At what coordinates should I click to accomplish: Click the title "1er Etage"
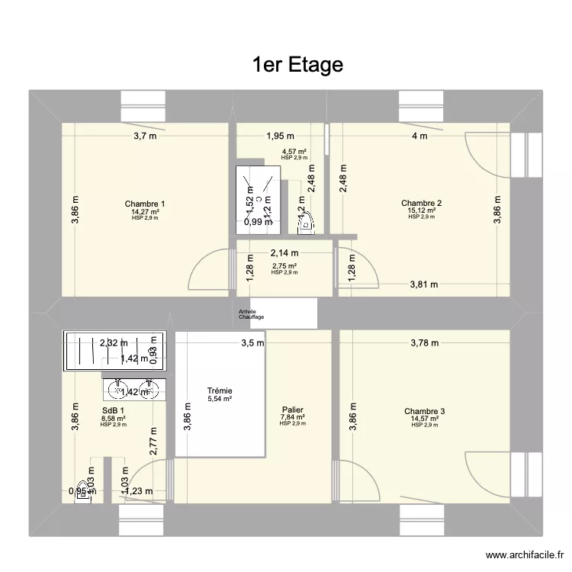point(297,66)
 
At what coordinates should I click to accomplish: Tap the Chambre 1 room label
point(145,204)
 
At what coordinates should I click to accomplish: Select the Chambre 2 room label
point(422,203)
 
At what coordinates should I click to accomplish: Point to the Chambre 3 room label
point(425,411)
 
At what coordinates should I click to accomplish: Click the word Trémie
point(220,390)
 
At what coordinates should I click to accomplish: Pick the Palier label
point(292,410)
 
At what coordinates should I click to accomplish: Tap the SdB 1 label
point(113,410)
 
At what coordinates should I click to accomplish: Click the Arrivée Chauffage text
point(252,314)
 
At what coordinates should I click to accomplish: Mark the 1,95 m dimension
point(280,137)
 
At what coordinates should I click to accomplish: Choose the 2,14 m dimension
point(284,252)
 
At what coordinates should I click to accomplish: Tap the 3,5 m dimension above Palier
point(253,343)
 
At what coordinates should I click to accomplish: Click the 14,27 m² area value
point(145,211)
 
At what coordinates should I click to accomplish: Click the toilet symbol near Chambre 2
point(305,220)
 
